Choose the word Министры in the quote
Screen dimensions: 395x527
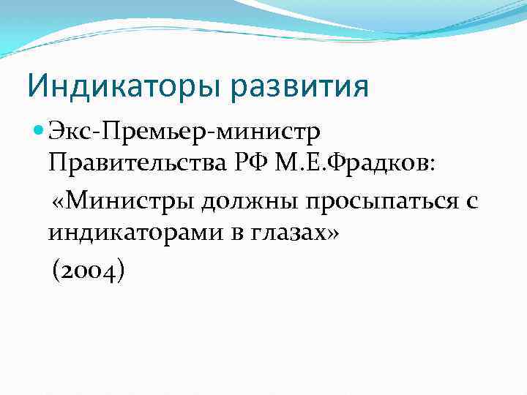tap(133, 200)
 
